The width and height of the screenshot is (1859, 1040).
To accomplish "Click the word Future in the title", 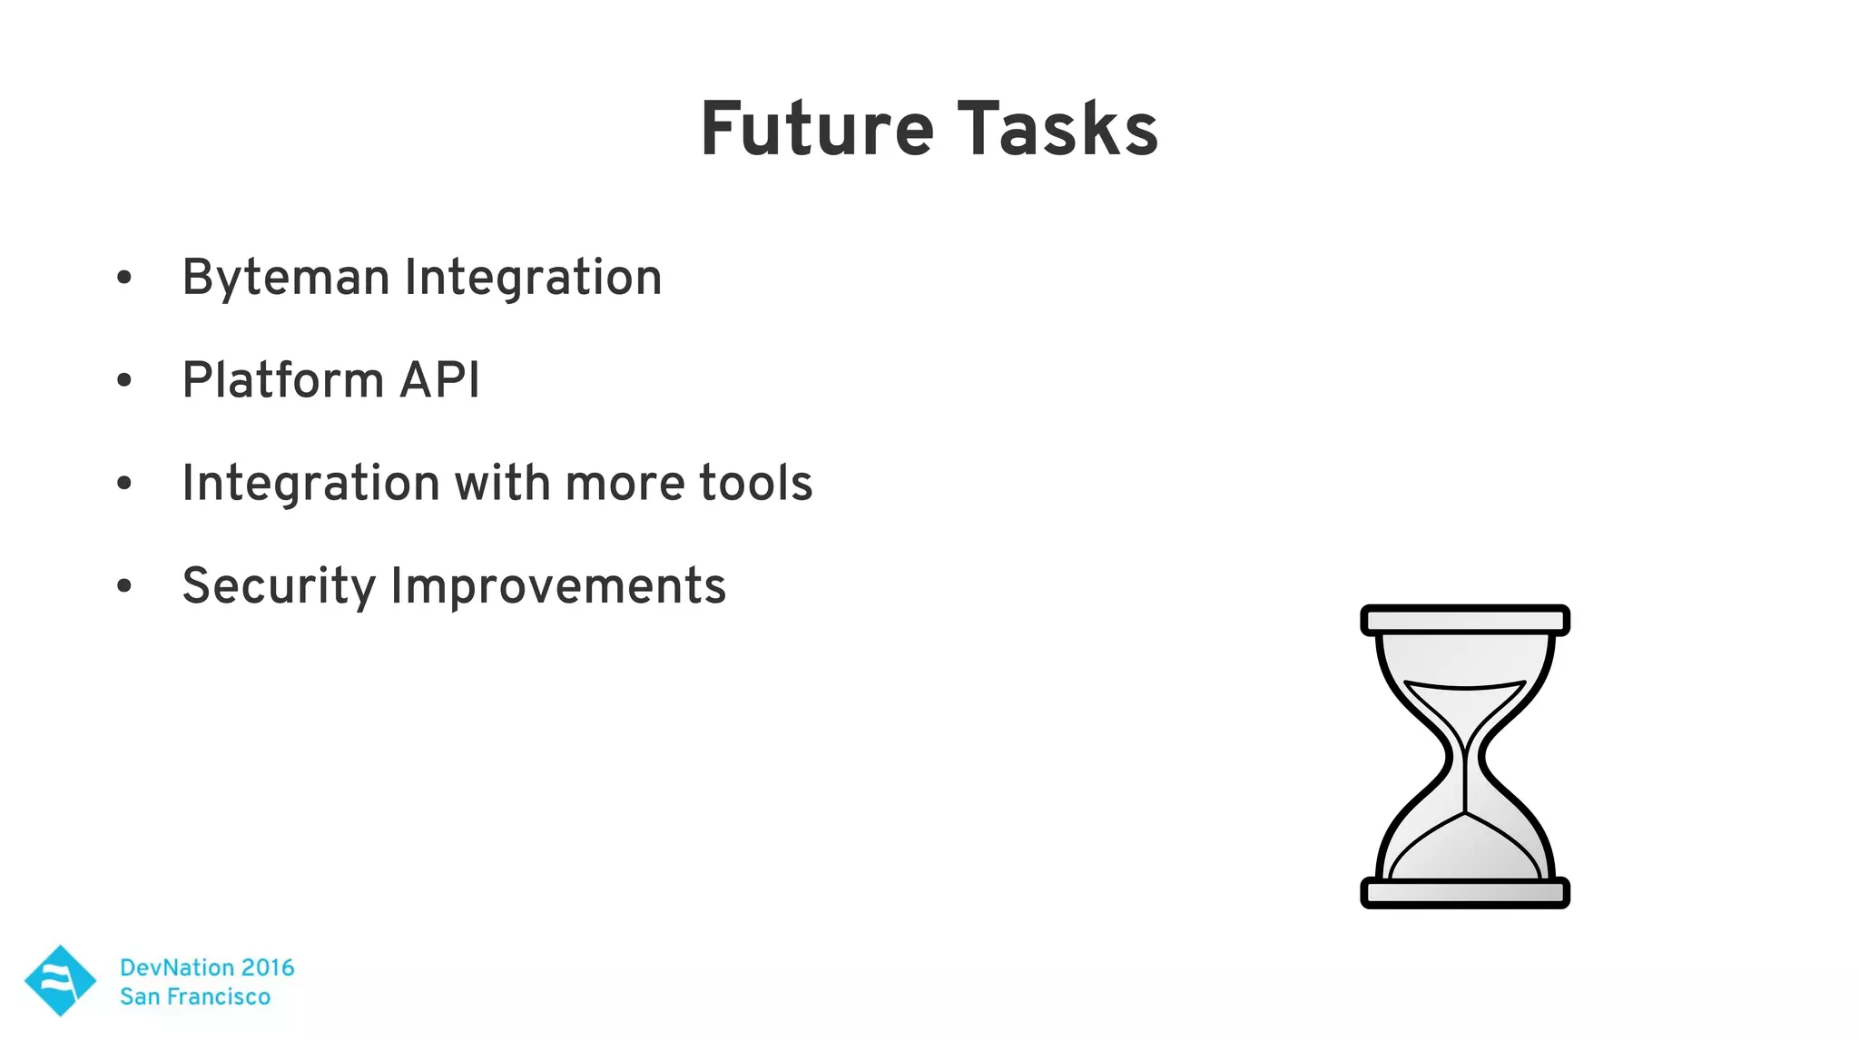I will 817,130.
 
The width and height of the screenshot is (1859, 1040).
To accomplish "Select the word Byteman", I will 285,278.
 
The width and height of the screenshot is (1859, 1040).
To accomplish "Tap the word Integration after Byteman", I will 533,278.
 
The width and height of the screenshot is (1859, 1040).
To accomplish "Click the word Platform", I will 282,379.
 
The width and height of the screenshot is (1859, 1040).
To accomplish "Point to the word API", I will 440,379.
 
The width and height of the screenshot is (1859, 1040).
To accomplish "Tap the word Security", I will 278,586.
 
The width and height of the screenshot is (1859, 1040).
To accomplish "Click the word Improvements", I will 558,586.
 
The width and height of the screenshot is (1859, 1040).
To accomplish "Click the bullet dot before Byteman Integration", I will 124,278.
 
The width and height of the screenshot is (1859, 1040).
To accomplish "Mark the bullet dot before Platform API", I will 124,380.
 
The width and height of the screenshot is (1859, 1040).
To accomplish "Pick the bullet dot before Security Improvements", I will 124,586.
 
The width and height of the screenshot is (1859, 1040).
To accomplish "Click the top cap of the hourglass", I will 1464,621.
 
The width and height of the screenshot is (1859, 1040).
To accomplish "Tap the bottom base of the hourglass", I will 1464,893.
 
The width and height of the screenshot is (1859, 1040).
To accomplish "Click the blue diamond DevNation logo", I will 60,980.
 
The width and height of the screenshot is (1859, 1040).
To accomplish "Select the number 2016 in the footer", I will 267,967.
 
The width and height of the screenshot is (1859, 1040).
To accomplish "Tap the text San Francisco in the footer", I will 195,996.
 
